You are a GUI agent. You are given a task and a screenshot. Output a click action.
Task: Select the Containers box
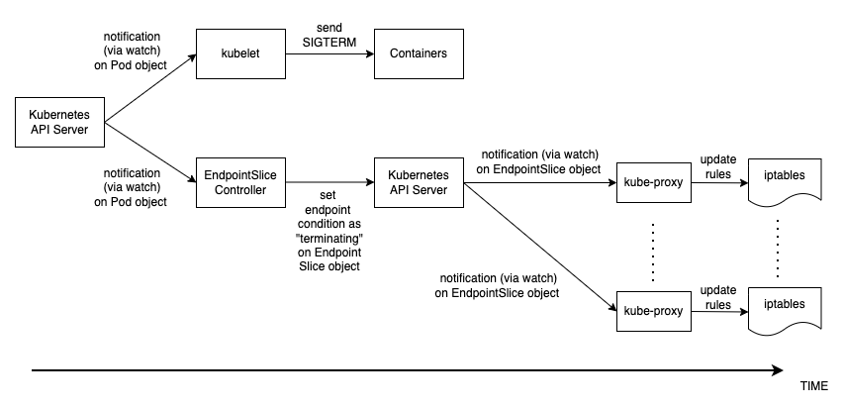(x=418, y=54)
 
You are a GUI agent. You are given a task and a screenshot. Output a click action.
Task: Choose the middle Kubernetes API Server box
(x=418, y=182)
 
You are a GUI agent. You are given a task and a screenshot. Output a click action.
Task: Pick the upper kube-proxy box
(x=654, y=182)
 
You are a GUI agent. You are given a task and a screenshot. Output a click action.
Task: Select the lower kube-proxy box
(x=654, y=310)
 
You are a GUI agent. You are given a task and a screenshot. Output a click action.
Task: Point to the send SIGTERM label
(x=328, y=33)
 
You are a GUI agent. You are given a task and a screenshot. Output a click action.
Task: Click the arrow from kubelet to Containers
(x=327, y=54)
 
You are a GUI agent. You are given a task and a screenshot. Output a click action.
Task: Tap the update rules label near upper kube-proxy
(x=717, y=167)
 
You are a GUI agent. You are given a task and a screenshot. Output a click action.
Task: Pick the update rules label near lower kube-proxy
(x=717, y=296)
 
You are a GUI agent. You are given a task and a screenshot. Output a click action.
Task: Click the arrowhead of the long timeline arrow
(x=775, y=371)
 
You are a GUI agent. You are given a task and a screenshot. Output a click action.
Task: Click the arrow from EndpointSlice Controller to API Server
(x=327, y=182)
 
